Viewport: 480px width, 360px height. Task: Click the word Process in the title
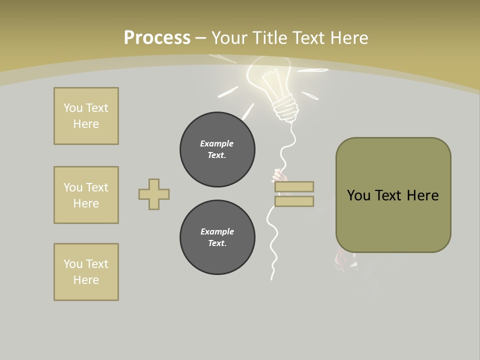[157, 37]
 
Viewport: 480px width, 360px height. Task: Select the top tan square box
[86, 116]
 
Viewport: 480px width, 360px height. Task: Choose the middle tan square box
[86, 195]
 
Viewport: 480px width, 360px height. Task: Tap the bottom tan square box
[86, 272]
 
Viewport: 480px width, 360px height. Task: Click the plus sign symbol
[154, 194]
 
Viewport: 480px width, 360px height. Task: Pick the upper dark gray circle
[217, 149]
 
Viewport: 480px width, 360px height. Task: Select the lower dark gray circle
[217, 237]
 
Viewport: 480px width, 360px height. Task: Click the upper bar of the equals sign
[294, 186]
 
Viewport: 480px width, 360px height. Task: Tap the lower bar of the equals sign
[294, 201]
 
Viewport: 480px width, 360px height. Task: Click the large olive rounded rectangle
[393, 195]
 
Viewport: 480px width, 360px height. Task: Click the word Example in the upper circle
[216, 143]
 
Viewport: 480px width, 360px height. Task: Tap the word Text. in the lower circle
[217, 243]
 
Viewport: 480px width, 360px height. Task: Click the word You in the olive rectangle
[358, 195]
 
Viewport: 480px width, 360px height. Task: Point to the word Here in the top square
[86, 124]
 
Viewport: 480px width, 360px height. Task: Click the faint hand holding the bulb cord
[279, 175]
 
